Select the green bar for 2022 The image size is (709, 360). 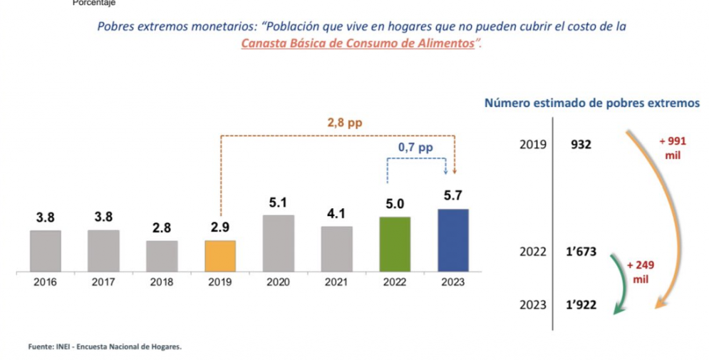[x=394, y=244]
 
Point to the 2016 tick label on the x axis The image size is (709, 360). [x=45, y=282]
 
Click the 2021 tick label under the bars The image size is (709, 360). [x=336, y=282]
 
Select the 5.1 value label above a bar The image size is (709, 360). [x=278, y=203]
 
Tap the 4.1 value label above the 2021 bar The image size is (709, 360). [x=336, y=213]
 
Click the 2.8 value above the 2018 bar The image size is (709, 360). [x=162, y=228]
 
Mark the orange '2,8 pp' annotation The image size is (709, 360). [x=345, y=123]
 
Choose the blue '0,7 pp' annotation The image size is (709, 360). [x=415, y=148]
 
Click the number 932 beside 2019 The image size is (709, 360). [x=581, y=145]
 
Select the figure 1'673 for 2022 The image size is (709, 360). [x=581, y=252]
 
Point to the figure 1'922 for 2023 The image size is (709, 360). [x=581, y=305]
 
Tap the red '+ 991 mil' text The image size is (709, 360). [x=672, y=148]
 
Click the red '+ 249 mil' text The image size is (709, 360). [x=640, y=271]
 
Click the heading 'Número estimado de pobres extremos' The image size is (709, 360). [x=591, y=103]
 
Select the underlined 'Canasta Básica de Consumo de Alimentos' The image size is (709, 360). [x=358, y=43]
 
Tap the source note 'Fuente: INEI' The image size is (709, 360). [x=105, y=347]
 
